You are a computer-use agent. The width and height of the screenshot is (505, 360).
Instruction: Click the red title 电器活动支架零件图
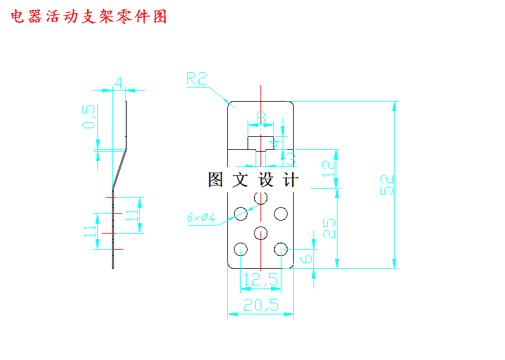click(89, 17)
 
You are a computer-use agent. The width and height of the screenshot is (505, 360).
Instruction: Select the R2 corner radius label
click(197, 78)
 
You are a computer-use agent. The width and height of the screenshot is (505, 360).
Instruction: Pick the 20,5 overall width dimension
click(261, 305)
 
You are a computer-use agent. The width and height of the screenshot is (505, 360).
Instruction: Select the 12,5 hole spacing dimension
click(261, 280)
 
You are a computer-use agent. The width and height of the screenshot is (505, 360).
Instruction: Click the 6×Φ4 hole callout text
click(201, 218)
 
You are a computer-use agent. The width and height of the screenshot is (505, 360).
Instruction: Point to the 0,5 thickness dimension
click(90, 117)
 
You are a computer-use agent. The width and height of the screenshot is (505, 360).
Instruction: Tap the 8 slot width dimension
click(261, 116)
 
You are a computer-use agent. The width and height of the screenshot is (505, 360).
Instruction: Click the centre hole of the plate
click(261, 232)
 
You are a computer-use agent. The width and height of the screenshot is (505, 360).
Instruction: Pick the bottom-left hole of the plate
click(240, 249)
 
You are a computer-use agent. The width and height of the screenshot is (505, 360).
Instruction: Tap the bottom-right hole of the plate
click(281, 249)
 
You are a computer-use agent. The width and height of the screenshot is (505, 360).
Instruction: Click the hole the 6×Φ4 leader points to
click(240, 214)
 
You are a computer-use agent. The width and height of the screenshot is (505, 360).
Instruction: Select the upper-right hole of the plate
click(281, 214)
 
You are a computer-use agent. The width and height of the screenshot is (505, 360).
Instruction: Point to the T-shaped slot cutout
click(261, 144)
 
